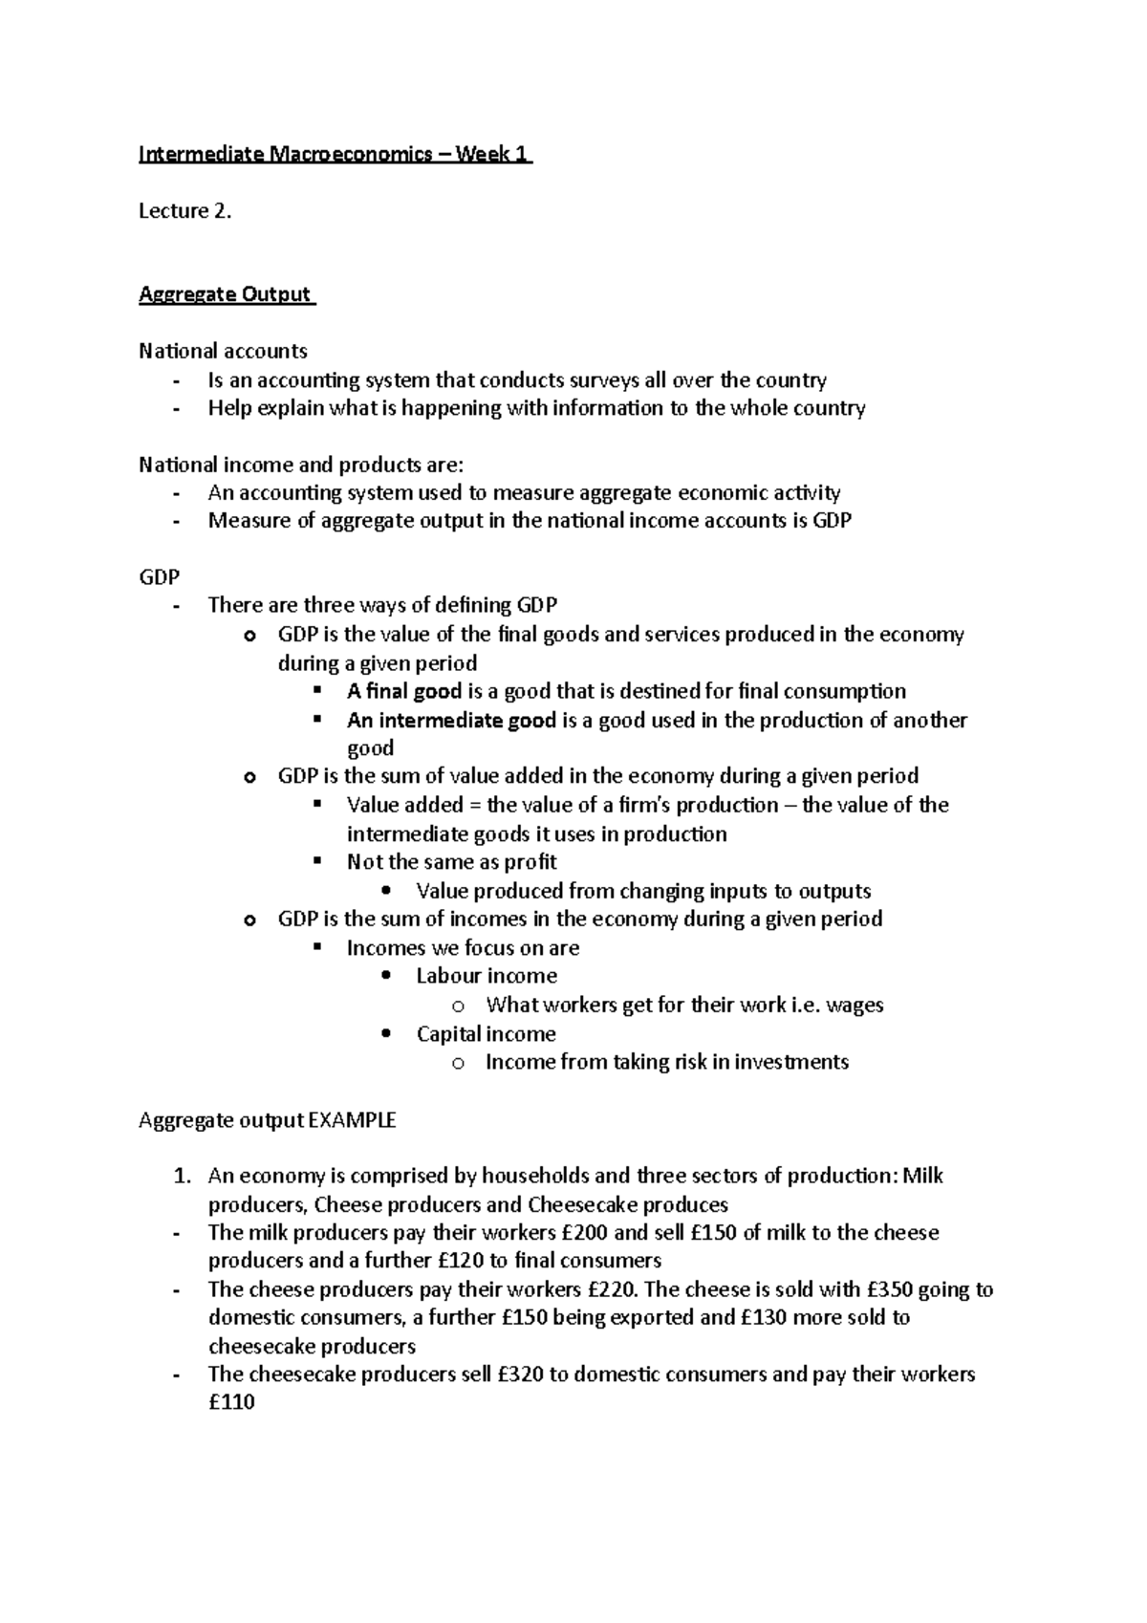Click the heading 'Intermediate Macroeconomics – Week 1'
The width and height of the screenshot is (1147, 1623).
coord(335,154)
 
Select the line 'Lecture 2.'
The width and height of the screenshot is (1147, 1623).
coord(184,211)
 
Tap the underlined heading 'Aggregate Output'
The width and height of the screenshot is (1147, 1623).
coord(226,294)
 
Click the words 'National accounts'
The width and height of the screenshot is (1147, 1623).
coord(223,351)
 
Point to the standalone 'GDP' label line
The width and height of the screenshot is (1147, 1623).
coord(159,577)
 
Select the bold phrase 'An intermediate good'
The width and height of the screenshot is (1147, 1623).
coord(450,720)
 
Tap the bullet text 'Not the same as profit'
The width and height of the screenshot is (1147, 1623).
coord(451,862)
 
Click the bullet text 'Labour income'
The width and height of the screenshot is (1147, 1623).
coord(486,976)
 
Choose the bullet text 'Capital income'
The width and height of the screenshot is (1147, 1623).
coord(486,1033)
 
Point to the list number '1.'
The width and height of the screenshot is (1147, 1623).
coord(184,1177)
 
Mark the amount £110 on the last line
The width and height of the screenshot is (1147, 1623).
coord(231,1403)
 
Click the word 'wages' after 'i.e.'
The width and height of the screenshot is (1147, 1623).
coord(855,1005)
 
